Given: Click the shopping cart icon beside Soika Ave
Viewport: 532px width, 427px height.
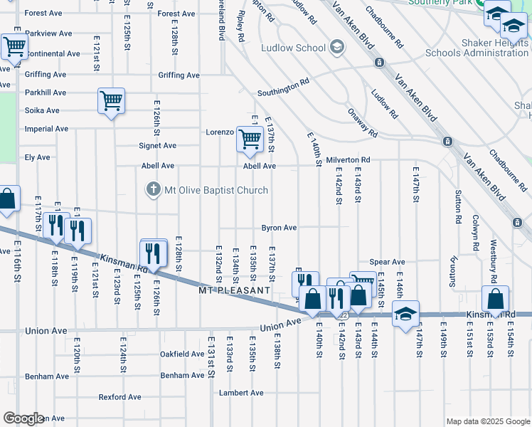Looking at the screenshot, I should [112, 101].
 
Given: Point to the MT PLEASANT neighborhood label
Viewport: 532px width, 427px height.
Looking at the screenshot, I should [235, 291].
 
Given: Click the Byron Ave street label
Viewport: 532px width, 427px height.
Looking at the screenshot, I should [279, 228].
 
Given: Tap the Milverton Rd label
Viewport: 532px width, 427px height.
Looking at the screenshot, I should [348, 160].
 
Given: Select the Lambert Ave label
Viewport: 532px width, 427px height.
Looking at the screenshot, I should [241, 393].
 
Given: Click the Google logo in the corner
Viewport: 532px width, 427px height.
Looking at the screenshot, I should [23, 418].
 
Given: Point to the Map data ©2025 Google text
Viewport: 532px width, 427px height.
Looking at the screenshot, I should [486, 421].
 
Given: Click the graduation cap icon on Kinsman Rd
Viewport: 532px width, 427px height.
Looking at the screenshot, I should [405, 314].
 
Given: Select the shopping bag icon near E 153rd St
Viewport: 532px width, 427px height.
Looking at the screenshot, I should [496, 299].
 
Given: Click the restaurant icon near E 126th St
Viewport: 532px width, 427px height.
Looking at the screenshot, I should [154, 252].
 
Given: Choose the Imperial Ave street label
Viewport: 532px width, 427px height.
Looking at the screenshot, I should [46, 129].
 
